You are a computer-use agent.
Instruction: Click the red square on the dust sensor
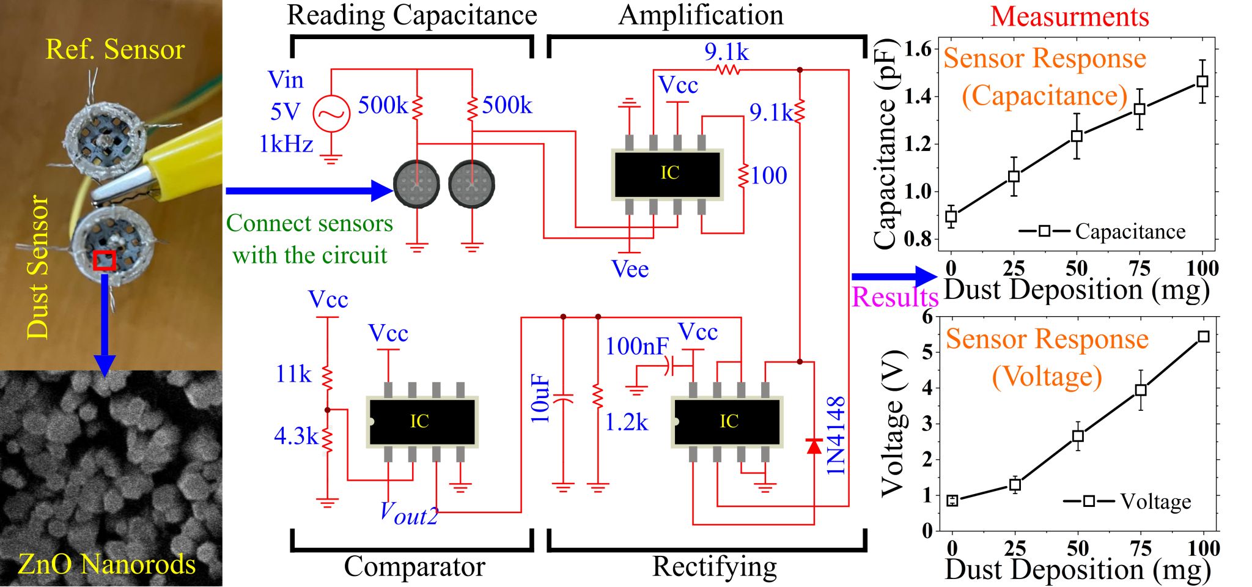(105, 259)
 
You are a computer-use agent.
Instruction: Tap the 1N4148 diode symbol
(814, 446)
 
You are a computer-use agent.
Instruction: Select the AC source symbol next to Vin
(331, 114)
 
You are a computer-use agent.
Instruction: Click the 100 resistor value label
(769, 176)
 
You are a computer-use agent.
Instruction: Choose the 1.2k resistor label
(626, 422)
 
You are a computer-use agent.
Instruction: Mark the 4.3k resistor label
(296, 435)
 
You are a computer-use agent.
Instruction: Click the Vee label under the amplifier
(630, 269)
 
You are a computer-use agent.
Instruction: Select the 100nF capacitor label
(637, 346)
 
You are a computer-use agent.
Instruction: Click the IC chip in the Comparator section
(422, 421)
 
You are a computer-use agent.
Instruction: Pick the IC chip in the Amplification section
(668, 174)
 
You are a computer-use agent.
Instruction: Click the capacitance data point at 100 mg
(1202, 81)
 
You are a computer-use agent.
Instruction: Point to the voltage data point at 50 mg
(1078, 436)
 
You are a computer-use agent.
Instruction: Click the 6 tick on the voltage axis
(928, 317)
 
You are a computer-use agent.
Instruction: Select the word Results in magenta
(895, 297)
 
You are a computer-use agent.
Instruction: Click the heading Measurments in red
(1070, 17)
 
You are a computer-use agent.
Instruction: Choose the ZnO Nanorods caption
(107, 564)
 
